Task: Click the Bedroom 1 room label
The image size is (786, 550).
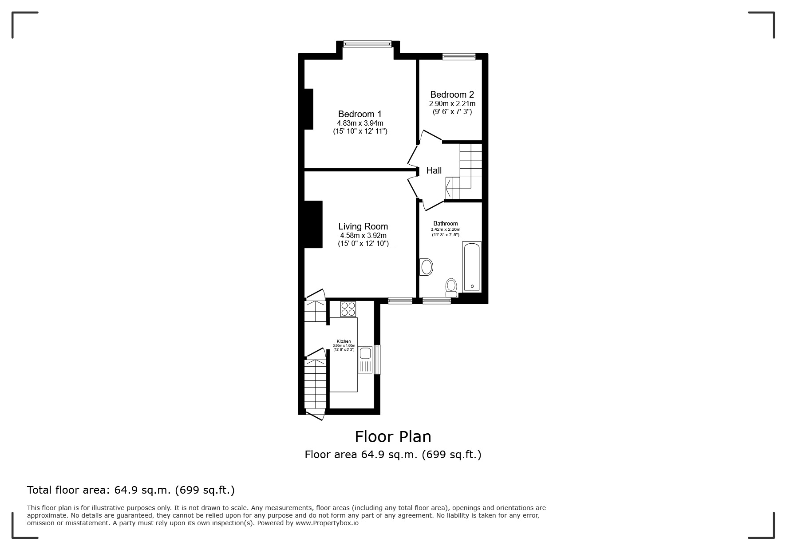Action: (x=359, y=114)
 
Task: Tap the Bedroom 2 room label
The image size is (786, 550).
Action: (x=452, y=95)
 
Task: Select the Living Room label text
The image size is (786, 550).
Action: (x=363, y=226)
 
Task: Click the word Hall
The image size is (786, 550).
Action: (x=434, y=170)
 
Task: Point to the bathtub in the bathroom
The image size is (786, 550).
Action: (x=471, y=266)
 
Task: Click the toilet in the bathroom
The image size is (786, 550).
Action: (x=451, y=286)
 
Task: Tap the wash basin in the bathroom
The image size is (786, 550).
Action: (x=427, y=267)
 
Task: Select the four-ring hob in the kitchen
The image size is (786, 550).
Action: (x=348, y=309)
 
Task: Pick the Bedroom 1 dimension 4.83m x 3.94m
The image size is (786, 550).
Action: (x=360, y=123)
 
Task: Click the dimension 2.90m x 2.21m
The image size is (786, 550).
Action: (x=452, y=103)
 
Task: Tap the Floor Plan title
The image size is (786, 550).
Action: (x=393, y=437)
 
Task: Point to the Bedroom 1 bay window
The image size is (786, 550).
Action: (x=367, y=44)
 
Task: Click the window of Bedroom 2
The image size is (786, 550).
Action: (x=458, y=56)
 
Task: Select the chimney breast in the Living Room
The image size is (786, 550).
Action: (x=313, y=224)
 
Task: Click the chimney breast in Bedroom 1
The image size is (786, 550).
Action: (x=309, y=109)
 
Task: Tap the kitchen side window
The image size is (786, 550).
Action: (x=377, y=360)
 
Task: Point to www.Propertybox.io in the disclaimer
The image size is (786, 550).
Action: (x=327, y=523)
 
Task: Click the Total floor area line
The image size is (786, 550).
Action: (x=131, y=490)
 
